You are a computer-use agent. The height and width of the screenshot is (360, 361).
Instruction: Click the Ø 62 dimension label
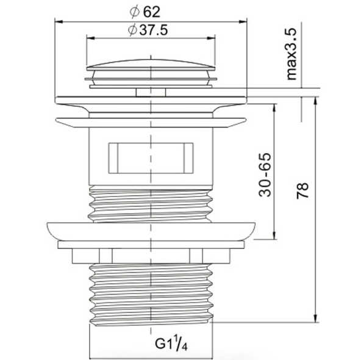(x=145, y=12)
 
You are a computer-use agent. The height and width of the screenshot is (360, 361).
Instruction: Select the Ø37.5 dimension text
(x=148, y=30)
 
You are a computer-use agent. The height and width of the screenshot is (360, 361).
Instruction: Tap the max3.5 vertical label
(x=291, y=54)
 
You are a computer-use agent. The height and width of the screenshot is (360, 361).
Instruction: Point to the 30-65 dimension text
(x=265, y=175)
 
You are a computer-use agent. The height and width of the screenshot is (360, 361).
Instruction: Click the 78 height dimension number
(x=302, y=190)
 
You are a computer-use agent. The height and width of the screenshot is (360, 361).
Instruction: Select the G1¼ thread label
(x=171, y=344)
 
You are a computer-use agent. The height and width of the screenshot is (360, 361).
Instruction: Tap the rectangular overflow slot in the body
(x=151, y=158)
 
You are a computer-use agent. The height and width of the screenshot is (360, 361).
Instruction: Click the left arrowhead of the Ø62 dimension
(x=59, y=21)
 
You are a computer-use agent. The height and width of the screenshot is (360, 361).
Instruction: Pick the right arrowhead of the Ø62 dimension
(x=243, y=21)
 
